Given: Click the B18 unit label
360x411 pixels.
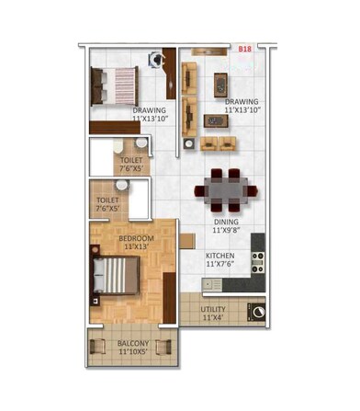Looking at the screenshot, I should (x=244, y=48).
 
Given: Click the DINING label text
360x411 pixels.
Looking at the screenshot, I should (x=226, y=222).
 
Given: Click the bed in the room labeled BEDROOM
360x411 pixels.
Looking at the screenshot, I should (x=114, y=275).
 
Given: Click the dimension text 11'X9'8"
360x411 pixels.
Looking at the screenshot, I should (x=226, y=231).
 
